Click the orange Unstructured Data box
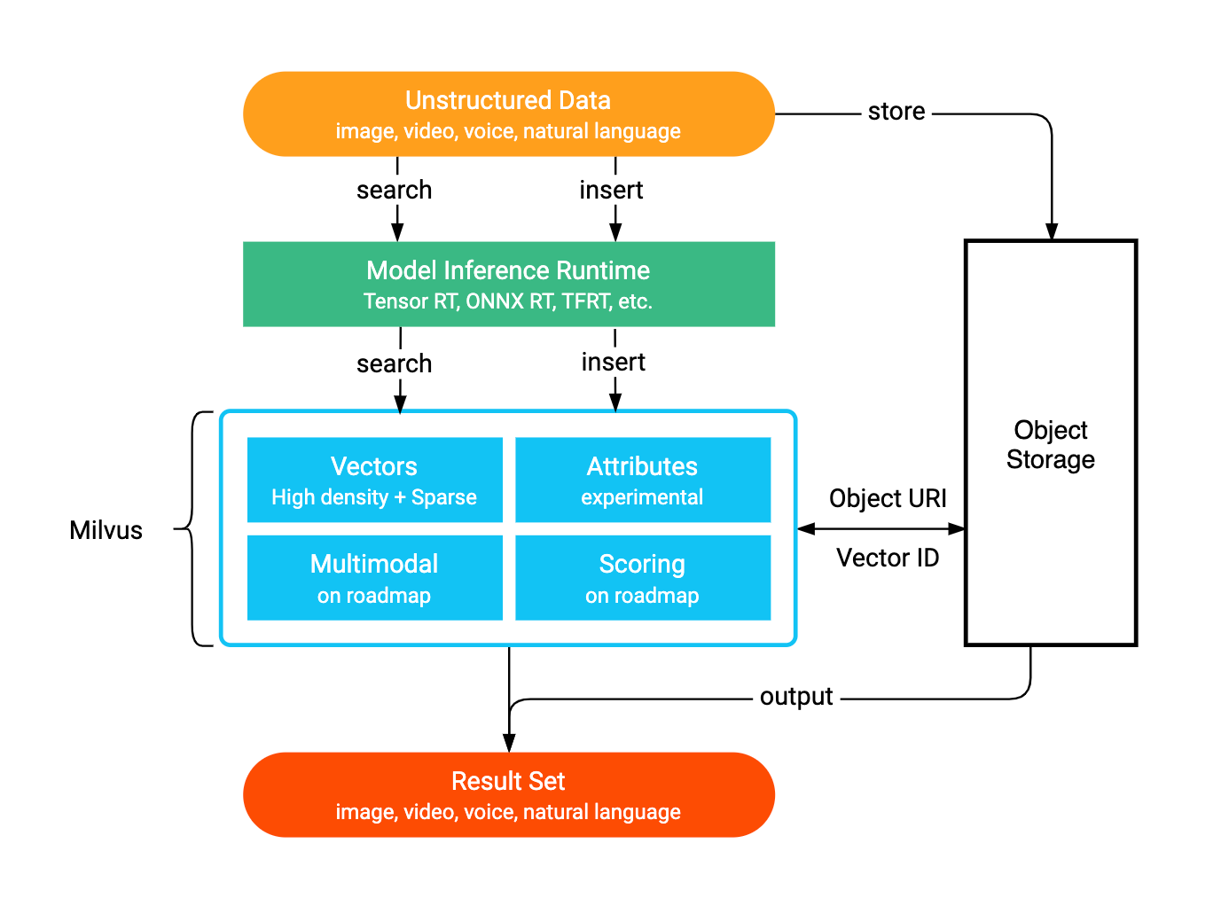508,114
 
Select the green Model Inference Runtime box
508,285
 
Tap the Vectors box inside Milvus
374,480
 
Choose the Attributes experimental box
642,480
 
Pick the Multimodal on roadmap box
374,577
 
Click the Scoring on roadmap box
642,577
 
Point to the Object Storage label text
1050,444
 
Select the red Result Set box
508,794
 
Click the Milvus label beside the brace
106,530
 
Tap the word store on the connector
896,112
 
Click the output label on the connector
795,697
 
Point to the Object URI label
888,498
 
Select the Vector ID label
888,558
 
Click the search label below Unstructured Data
394,190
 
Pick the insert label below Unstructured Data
611,190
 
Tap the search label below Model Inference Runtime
394,363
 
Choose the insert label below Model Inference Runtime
613,362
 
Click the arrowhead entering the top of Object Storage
1052,231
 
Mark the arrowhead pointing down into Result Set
509,743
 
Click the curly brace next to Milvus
193,528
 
